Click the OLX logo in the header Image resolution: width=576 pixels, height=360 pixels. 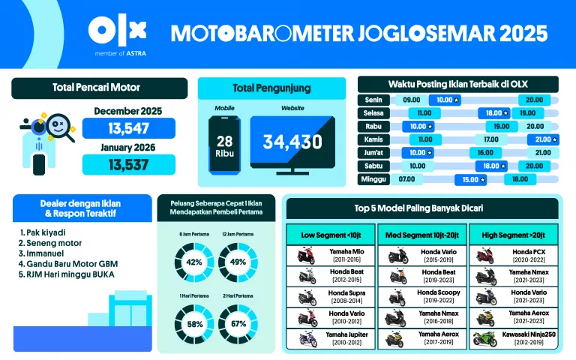[x=117, y=31]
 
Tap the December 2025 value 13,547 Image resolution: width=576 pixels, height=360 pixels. [x=128, y=128]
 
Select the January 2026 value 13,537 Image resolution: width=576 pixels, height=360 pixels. [x=128, y=164]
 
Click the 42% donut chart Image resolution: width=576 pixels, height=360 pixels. [x=194, y=262]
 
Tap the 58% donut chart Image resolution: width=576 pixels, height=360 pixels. [x=194, y=323]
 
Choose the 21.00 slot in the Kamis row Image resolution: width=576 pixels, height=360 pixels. [x=542, y=139]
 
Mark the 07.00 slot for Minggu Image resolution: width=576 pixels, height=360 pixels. [x=407, y=180]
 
